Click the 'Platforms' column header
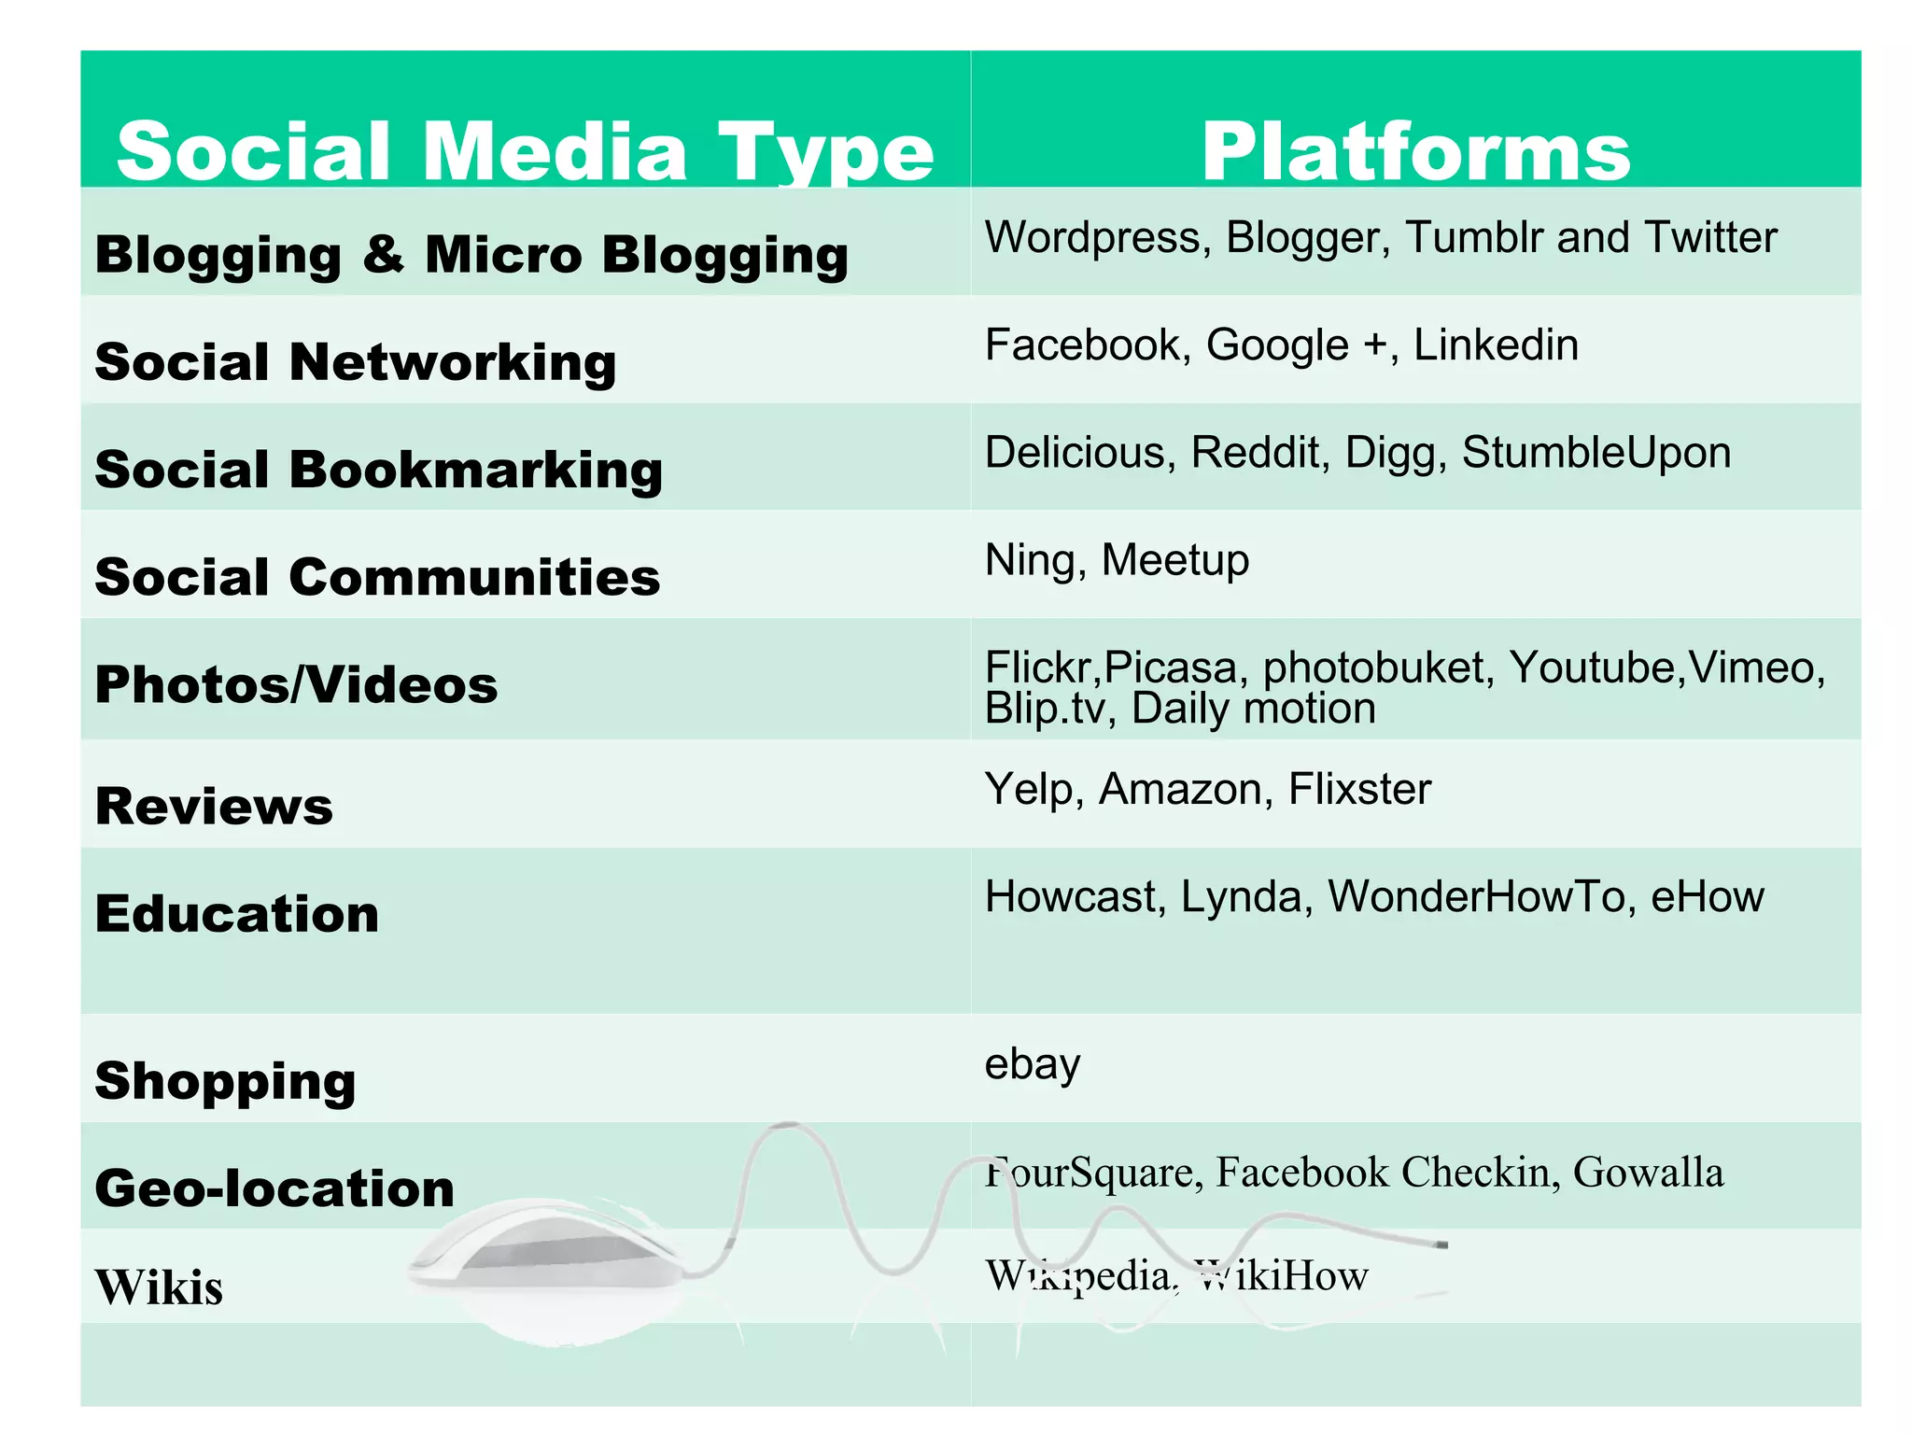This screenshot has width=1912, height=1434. [x=1415, y=151]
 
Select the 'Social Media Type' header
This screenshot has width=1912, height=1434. [x=525, y=151]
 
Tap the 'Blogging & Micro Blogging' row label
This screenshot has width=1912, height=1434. [x=471, y=254]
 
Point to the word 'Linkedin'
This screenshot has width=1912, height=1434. [x=1496, y=344]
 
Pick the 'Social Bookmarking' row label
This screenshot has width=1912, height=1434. [x=378, y=469]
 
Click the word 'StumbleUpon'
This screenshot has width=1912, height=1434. [x=1596, y=453]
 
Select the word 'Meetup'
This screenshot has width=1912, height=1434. [x=1174, y=560]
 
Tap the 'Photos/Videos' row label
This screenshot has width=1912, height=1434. [x=296, y=684]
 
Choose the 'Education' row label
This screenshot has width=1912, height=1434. [x=237, y=913]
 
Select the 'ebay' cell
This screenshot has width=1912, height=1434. [x=1032, y=1064]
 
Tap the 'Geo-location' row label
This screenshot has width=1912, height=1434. [x=274, y=1188]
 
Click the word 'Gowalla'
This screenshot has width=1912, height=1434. [x=1648, y=1173]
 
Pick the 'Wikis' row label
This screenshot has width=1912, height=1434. [x=159, y=1287]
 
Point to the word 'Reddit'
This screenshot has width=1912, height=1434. [x=1258, y=453]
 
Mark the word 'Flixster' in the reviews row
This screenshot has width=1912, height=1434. [x=1359, y=790]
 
